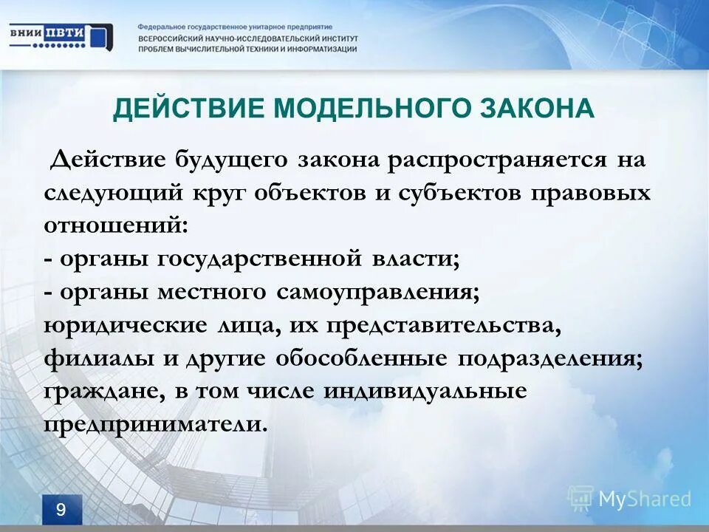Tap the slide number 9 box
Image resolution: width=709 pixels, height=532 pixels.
(61, 510)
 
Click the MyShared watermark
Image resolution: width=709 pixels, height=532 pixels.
(631, 498)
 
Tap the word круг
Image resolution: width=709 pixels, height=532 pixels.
(219, 194)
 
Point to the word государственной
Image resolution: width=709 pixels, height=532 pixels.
(258, 259)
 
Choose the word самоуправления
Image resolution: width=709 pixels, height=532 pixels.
(379, 292)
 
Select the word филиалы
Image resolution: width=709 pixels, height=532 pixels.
(92, 358)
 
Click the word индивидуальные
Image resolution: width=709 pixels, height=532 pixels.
(425, 392)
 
